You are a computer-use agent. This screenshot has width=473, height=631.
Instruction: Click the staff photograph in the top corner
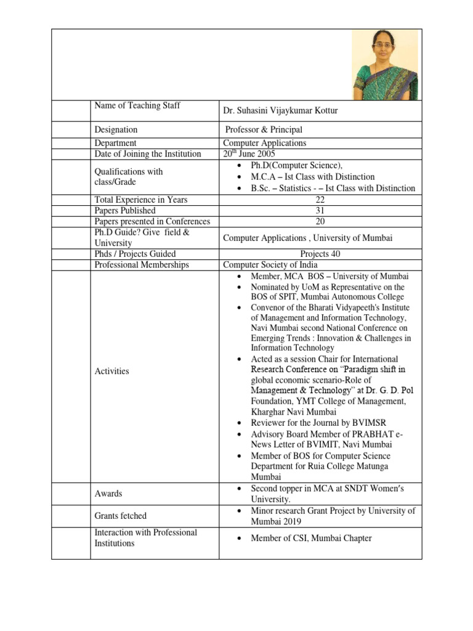(386, 65)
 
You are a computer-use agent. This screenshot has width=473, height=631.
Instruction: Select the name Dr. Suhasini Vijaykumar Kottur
(298, 111)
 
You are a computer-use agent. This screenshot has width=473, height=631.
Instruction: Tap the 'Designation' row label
(116, 130)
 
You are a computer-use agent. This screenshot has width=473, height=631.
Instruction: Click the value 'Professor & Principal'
(264, 130)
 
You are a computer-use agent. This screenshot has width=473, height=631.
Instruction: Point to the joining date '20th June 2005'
(249, 153)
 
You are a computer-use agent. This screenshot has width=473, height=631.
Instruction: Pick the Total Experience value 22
(320, 200)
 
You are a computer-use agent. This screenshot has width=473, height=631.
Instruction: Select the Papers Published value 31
(320, 210)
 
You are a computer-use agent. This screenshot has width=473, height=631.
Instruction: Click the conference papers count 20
(320, 221)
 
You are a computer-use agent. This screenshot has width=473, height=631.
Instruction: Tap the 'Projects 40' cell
(320, 254)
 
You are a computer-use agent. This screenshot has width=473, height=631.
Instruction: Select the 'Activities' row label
(111, 371)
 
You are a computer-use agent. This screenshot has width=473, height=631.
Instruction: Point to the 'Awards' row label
(108, 494)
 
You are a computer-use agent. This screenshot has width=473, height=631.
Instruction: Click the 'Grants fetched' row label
(120, 516)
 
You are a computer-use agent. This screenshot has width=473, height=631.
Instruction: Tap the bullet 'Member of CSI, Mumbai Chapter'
(311, 539)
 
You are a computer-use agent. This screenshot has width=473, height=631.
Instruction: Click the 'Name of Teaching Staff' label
(137, 106)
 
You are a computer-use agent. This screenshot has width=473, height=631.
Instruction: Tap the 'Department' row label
(115, 143)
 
